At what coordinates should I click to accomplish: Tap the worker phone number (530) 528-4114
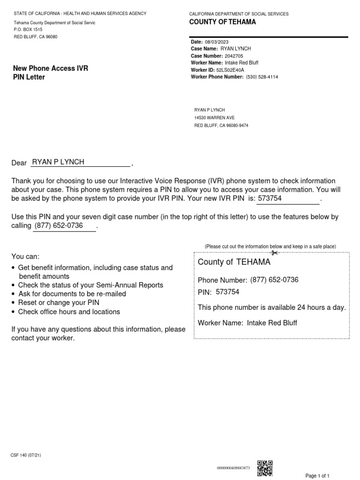coord(262,77)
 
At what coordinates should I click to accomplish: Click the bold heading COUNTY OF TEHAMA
coord(223,22)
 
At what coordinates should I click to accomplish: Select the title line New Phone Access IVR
coord(51,68)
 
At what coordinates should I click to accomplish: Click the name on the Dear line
coord(58,162)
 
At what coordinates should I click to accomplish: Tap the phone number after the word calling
coord(59,226)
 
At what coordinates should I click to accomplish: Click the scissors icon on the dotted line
coord(275,253)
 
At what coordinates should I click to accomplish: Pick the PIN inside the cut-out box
coord(227,292)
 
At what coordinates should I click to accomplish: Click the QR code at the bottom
coord(265,467)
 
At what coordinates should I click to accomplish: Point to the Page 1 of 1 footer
coord(317,476)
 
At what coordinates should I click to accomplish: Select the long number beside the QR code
coord(233,468)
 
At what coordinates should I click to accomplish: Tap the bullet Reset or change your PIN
coord(59,303)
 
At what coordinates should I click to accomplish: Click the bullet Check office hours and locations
coord(69,312)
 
